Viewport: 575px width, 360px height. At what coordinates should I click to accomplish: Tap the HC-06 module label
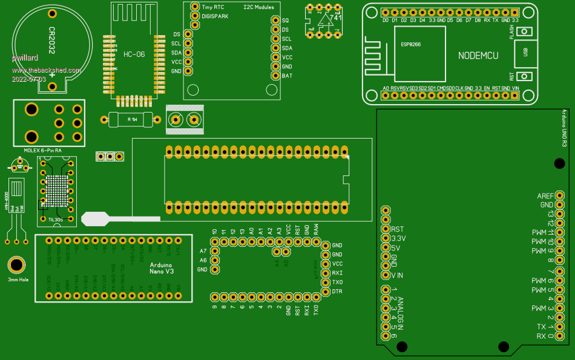click(x=134, y=54)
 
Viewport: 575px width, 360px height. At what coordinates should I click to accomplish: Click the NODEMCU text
click(x=478, y=55)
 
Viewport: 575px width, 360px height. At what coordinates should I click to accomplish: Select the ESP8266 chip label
click(x=411, y=44)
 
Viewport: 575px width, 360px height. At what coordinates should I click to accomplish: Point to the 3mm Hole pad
click(x=17, y=265)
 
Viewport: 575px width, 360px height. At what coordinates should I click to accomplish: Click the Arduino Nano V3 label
click(x=162, y=269)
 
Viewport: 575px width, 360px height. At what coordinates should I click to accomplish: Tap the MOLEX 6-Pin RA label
click(x=43, y=150)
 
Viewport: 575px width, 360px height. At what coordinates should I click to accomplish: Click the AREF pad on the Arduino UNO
click(x=559, y=195)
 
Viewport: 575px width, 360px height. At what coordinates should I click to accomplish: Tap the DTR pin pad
click(x=321, y=292)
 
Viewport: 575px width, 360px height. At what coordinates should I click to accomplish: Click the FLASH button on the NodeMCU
click(x=526, y=32)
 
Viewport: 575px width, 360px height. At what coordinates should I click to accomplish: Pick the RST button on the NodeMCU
click(x=526, y=77)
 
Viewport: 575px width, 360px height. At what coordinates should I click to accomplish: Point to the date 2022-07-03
click(x=28, y=79)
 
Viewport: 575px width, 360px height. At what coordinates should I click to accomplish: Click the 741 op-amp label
click(x=335, y=18)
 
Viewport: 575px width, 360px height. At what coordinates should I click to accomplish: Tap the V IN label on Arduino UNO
click(x=397, y=275)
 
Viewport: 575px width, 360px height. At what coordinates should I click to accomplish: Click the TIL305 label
click(x=56, y=220)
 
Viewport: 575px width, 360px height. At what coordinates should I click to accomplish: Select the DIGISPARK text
click(x=215, y=16)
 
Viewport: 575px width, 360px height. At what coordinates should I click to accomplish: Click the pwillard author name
click(x=25, y=58)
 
